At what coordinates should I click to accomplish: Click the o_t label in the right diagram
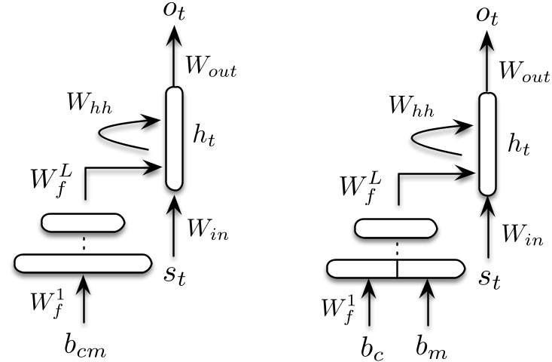click(x=490, y=17)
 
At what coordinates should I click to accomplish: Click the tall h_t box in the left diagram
click(x=174, y=138)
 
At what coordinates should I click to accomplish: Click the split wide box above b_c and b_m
click(x=395, y=268)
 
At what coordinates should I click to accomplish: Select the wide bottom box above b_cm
click(x=83, y=263)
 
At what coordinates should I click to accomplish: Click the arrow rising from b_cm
click(x=84, y=299)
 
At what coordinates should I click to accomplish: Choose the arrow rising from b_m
click(x=426, y=300)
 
